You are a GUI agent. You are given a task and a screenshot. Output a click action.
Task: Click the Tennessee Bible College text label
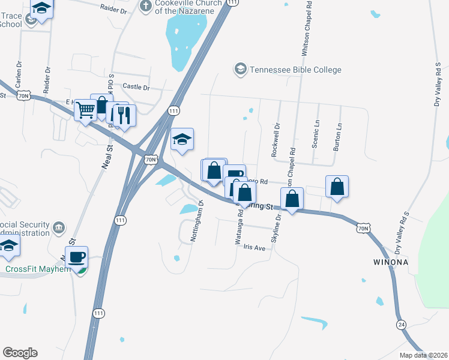pyautogui.click(x=295, y=70)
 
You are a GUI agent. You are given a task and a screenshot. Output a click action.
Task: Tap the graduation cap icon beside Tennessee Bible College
pyautogui.click(x=241, y=70)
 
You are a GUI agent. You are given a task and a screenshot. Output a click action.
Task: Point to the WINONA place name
pyautogui.click(x=391, y=262)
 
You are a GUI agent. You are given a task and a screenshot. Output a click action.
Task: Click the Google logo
pyautogui.click(x=20, y=353)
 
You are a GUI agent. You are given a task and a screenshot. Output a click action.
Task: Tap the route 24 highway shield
pyautogui.click(x=400, y=324)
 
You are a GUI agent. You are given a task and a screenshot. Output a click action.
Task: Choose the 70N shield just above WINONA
pyautogui.click(x=362, y=228)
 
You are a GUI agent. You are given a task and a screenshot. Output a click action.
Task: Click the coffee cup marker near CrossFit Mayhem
pyautogui.click(x=77, y=257)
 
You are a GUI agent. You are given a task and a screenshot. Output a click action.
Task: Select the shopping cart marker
pyautogui.click(x=86, y=110)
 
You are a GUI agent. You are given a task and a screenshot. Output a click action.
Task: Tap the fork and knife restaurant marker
pyautogui.click(x=124, y=115)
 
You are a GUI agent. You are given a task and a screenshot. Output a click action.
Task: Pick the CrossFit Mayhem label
pyautogui.click(x=38, y=269)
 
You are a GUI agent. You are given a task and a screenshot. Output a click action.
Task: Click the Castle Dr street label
pyautogui.click(x=136, y=87)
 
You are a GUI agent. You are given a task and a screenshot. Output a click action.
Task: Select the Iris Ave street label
pyautogui.click(x=255, y=247)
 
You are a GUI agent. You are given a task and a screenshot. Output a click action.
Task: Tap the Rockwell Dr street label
pyautogui.click(x=276, y=140)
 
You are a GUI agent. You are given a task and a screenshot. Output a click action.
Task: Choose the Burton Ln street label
pyautogui.click(x=338, y=137)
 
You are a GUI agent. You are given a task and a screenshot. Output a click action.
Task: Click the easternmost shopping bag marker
pyautogui.click(x=337, y=186)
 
